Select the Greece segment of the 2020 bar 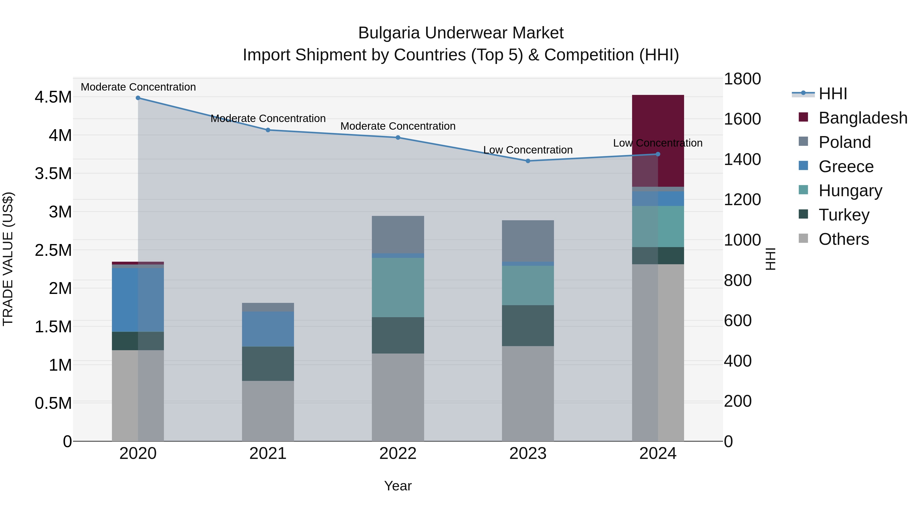tap(138, 300)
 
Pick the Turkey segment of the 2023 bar tap(528, 325)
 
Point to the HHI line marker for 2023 tap(528, 161)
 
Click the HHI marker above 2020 tap(138, 98)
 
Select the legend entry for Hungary tap(850, 191)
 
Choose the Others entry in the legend tap(843, 239)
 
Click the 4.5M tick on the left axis tap(53, 97)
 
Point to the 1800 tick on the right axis tap(742, 79)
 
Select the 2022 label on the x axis tap(398, 454)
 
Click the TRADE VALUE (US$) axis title tap(8, 259)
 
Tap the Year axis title tap(398, 486)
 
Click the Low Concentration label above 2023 tap(528, 150)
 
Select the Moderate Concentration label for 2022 tap(398, 126)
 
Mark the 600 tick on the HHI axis tap(737, 321)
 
